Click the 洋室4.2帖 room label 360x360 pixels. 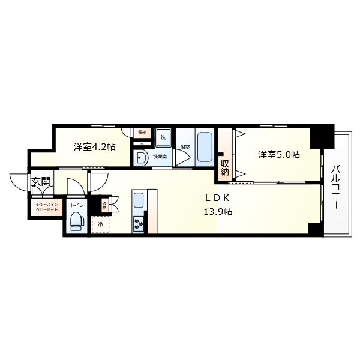(95, 147)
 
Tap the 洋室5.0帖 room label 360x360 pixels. (279, 155)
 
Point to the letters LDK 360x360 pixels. (218, 199)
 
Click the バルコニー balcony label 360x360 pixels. (336, 186)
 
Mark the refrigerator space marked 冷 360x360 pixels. (100, 225)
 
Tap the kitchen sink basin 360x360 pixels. (138, 200)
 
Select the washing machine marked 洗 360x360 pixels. (163, 137)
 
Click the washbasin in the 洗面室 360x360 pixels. (142, 157)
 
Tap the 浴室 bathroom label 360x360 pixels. (184, 147)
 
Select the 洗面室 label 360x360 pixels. (160, 157)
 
